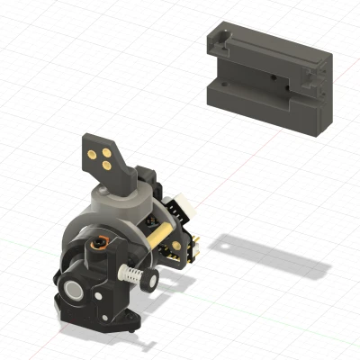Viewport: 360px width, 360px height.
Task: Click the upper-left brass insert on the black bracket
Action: coord(94,153)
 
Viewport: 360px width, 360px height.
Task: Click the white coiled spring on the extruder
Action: coord(133,274)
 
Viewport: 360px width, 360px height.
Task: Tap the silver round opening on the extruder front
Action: coord(73,290)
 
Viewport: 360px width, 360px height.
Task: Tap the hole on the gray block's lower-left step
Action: coord(220,82)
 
